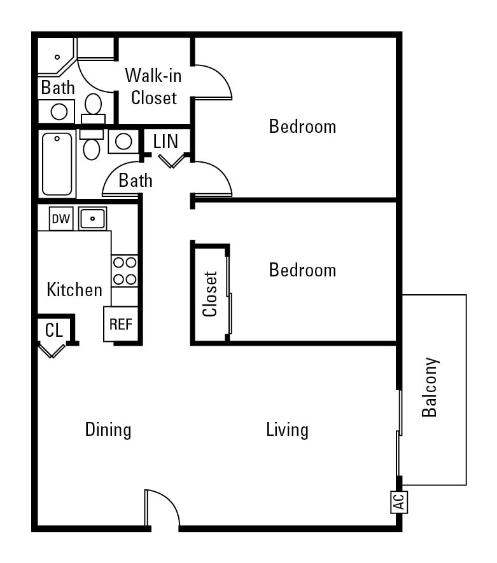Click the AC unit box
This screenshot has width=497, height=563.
pos(399,503)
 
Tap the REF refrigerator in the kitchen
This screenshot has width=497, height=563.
pos(121,324)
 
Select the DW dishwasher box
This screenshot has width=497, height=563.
pos(61,219)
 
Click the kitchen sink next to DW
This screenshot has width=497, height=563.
pos(93,219)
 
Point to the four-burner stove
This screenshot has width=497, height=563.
pos(125,271)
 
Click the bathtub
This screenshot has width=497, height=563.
pos(57,164)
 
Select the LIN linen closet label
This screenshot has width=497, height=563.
pos(166,142)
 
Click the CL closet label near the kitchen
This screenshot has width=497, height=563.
pos(54,330)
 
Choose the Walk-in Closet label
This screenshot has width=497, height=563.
pos(153,86)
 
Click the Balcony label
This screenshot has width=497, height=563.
pos(430,387)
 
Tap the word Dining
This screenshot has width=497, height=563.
pos(108,430)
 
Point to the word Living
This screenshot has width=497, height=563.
pos(287,430)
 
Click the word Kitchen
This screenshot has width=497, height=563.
pos(74,290)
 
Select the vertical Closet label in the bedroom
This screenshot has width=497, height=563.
pos(210,294)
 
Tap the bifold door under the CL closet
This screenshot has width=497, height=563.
pos(52,350)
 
